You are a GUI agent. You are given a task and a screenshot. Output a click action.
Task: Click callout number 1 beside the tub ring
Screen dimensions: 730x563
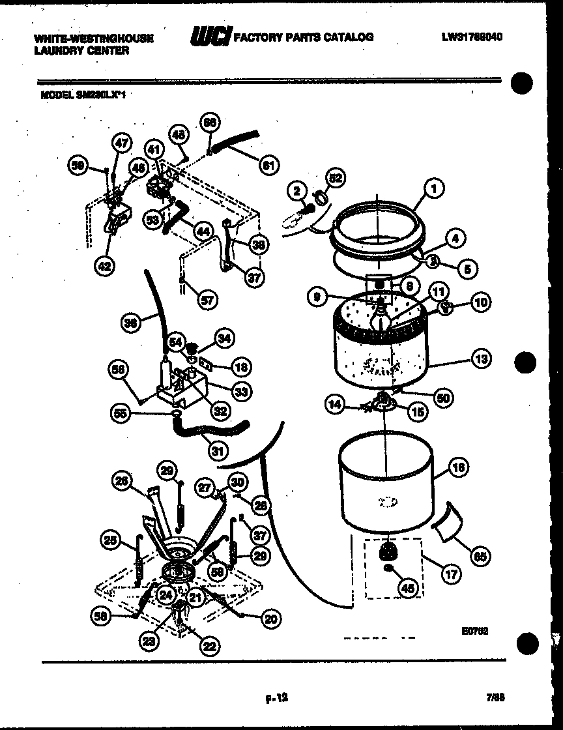432,188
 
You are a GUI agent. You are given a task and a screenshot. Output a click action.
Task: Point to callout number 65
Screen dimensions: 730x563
480,557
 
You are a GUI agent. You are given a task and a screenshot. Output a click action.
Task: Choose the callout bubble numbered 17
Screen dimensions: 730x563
450,575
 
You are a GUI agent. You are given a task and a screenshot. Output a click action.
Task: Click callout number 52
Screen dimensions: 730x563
336,178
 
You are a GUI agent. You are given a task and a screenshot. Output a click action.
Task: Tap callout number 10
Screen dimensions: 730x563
482,302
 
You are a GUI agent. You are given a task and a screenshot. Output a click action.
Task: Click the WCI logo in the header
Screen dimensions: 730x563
210,38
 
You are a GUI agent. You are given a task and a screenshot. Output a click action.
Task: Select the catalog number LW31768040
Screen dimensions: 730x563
470,37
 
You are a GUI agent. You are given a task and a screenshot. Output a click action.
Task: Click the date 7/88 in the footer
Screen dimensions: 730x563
497,697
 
